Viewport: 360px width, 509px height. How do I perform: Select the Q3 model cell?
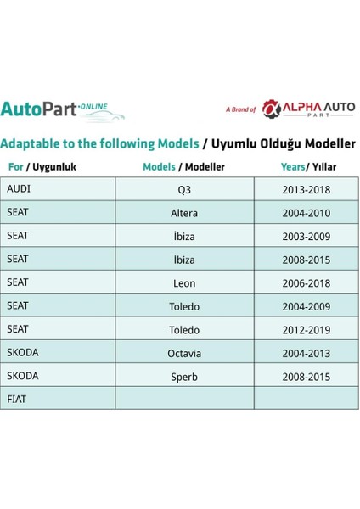(184, 189)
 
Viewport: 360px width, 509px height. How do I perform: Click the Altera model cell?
(184, 213)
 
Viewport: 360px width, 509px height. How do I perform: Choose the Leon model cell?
(184, 282)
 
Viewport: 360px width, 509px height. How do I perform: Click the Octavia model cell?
(184, 353)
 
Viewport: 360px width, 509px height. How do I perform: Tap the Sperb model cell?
(184, 376)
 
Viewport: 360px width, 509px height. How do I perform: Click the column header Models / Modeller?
(184, 167)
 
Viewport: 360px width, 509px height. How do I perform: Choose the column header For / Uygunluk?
(42, 167)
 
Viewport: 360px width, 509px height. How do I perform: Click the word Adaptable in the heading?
(33, 144)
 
